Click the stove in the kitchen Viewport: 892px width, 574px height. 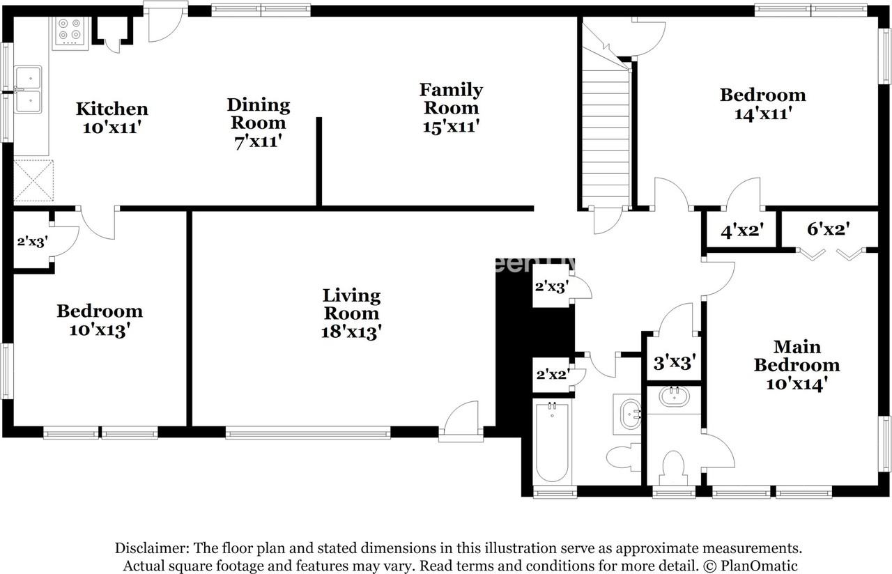[70, 31]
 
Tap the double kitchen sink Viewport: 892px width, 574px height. [28, 90]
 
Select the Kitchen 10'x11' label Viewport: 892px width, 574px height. [111, 118]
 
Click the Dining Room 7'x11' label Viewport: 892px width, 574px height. [258, 123]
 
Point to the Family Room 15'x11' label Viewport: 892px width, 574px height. [451, 108]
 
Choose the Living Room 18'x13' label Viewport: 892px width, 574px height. [351, 313]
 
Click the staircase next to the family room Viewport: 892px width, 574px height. [605, 136]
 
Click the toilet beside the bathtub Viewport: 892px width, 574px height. [623, 457]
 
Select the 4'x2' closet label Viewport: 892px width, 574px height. [738, 231]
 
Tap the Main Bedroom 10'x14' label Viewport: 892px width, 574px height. [797, 365]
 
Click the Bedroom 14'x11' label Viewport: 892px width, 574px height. [762, 104]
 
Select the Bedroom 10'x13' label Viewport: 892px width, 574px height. [100, 320]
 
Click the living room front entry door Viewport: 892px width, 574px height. [461, 422]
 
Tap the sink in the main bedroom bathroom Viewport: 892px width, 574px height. [673, 397]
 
